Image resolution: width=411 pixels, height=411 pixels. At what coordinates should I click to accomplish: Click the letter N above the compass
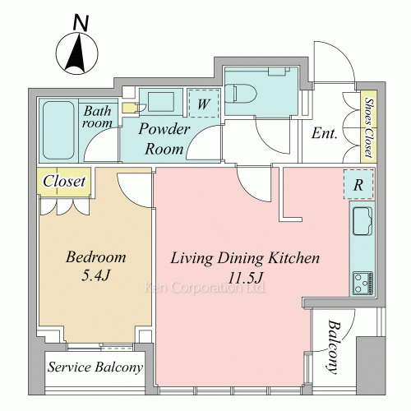(x=81, y=22)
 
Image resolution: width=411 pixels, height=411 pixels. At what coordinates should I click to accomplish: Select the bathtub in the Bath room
(x=58, y=130)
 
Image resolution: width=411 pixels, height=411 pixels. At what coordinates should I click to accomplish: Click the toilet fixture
(x=241, y=93)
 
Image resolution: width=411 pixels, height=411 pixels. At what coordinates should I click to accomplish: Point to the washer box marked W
(x=204, y=104)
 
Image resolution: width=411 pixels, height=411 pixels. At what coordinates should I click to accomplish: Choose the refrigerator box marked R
(x=358, y=184)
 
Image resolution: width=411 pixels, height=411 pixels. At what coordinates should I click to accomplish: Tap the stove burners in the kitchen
(x=363, y=283)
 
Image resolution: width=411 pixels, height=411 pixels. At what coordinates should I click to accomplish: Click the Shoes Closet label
(x=369, y=127)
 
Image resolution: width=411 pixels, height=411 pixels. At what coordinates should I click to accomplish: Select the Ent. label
(x=325, y=133)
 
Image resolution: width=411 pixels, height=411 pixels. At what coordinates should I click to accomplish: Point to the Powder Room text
(x=164, y=139)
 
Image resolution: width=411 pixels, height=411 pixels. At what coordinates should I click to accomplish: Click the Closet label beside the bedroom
(x=64, y=181)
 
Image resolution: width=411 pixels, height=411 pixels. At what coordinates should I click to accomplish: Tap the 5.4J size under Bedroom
(x=95, y=275)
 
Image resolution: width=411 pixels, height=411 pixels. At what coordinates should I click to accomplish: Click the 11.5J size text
(x=246, y=278)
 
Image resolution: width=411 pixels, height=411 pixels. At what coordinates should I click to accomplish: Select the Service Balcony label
(x=95, y=367)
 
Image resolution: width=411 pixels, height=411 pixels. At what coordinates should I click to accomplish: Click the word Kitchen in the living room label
(x=293, y=258)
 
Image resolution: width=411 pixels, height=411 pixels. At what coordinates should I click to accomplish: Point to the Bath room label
(x=97, y=117)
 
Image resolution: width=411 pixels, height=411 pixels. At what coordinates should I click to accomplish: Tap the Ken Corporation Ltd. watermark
(x=205, y=288)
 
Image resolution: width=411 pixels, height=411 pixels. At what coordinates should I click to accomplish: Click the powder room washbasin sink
(x=160, y=102)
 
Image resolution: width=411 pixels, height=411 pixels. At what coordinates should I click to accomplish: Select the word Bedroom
(x=96, y=257)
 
